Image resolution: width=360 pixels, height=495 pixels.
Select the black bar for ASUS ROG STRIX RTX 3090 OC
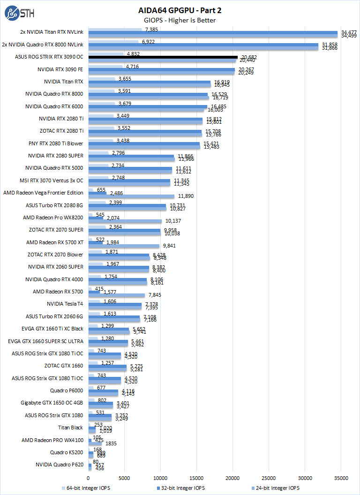163,57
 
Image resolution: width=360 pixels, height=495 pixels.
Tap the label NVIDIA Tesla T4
65,304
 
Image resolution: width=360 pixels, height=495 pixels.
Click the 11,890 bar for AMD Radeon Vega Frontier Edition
131,196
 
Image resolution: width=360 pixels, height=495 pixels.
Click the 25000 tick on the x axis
269,478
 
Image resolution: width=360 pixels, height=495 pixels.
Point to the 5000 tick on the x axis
124,478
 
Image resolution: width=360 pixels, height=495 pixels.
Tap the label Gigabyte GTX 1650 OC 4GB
52,403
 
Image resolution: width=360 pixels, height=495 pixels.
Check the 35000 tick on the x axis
341,478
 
